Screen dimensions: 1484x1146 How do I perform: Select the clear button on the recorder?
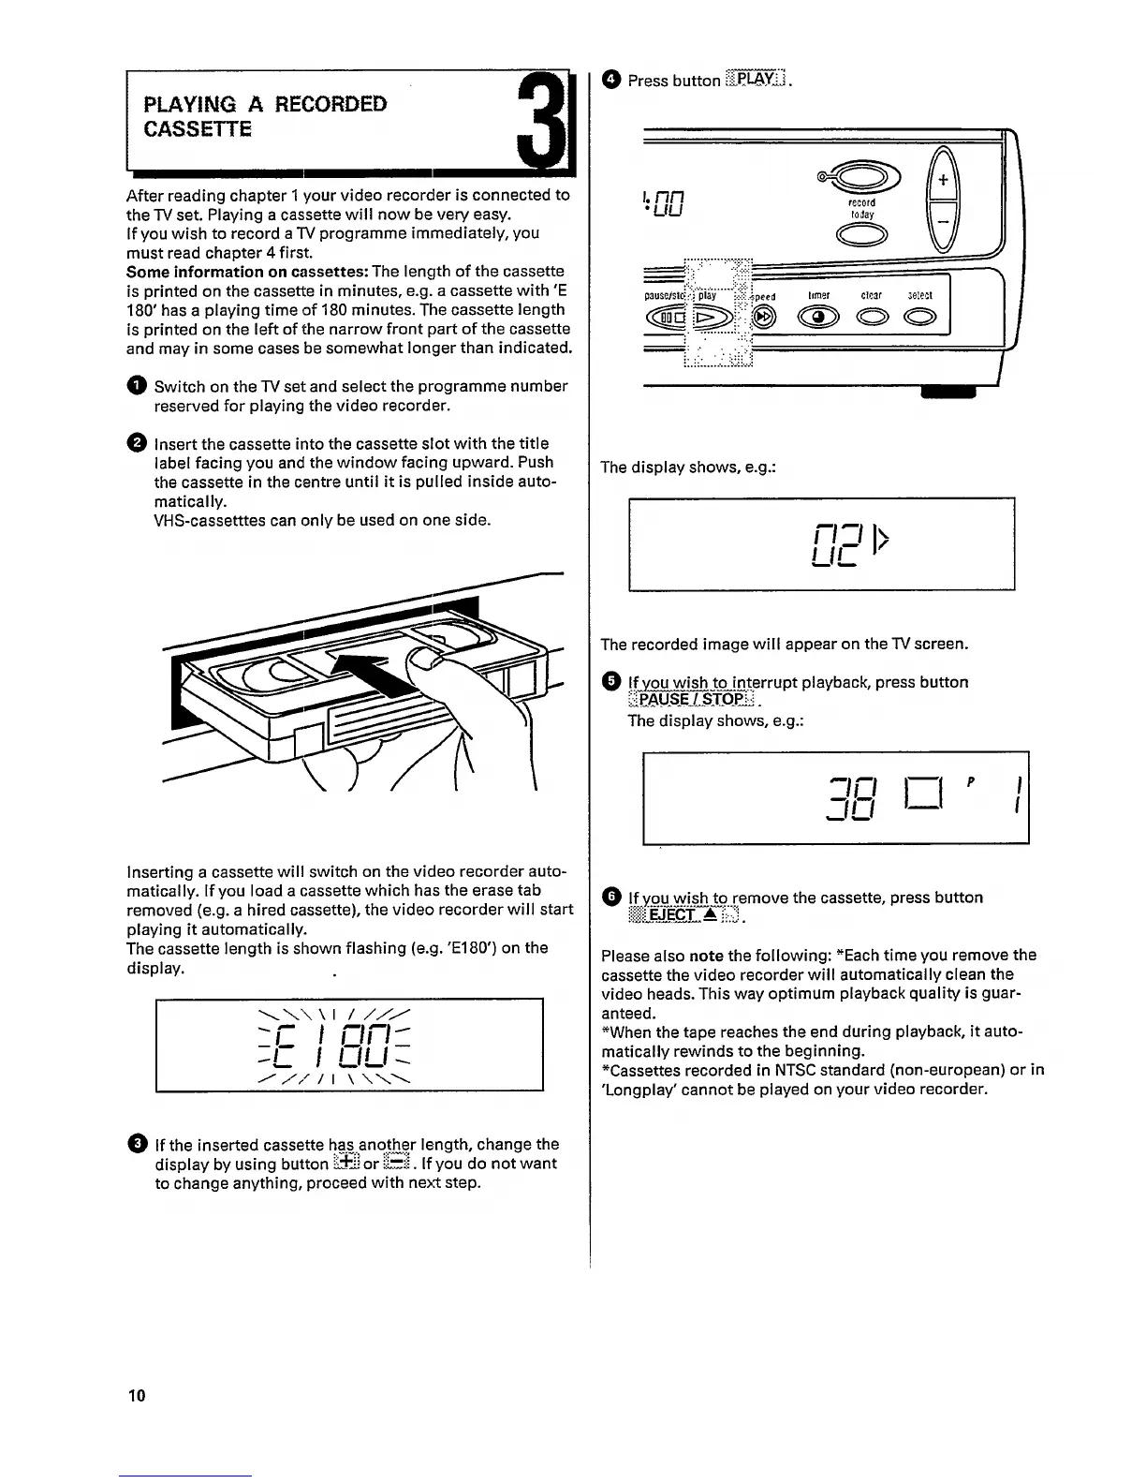[872, 319]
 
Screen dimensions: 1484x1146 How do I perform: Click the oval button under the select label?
[919, 319]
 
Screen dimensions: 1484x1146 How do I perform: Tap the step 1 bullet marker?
[136, 387]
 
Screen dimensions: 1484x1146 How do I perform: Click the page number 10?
[137, 1395]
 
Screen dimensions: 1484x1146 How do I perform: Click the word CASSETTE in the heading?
[198, 129]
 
